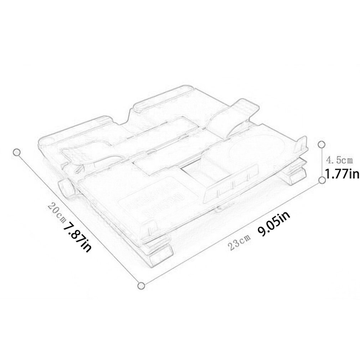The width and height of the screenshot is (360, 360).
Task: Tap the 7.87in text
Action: click(x=77, y=236)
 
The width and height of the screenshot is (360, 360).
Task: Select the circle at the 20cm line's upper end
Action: click(x=16, y=152)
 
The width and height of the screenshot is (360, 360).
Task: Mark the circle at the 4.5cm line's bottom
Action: click(x=322, y=180)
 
